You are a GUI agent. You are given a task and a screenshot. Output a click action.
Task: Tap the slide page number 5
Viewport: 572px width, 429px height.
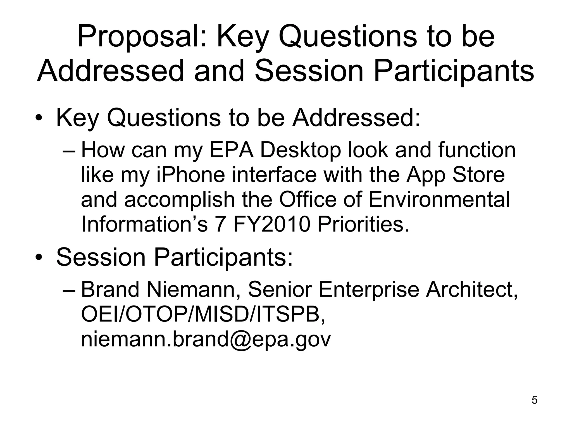pos(534,400)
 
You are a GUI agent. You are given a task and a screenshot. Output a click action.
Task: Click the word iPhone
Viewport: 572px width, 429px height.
pos(190,175)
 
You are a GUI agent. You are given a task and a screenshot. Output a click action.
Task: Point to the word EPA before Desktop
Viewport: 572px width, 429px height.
pos(231,150)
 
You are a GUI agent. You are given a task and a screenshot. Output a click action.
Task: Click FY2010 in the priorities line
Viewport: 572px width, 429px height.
pos(271,224)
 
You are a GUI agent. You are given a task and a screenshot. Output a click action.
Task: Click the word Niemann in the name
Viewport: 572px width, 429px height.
pos(190,290)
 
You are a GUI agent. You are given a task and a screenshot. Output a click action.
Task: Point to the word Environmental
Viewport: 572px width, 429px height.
pos(439,200)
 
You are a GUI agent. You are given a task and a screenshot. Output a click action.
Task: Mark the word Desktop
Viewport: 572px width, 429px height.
pos(301,151)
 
